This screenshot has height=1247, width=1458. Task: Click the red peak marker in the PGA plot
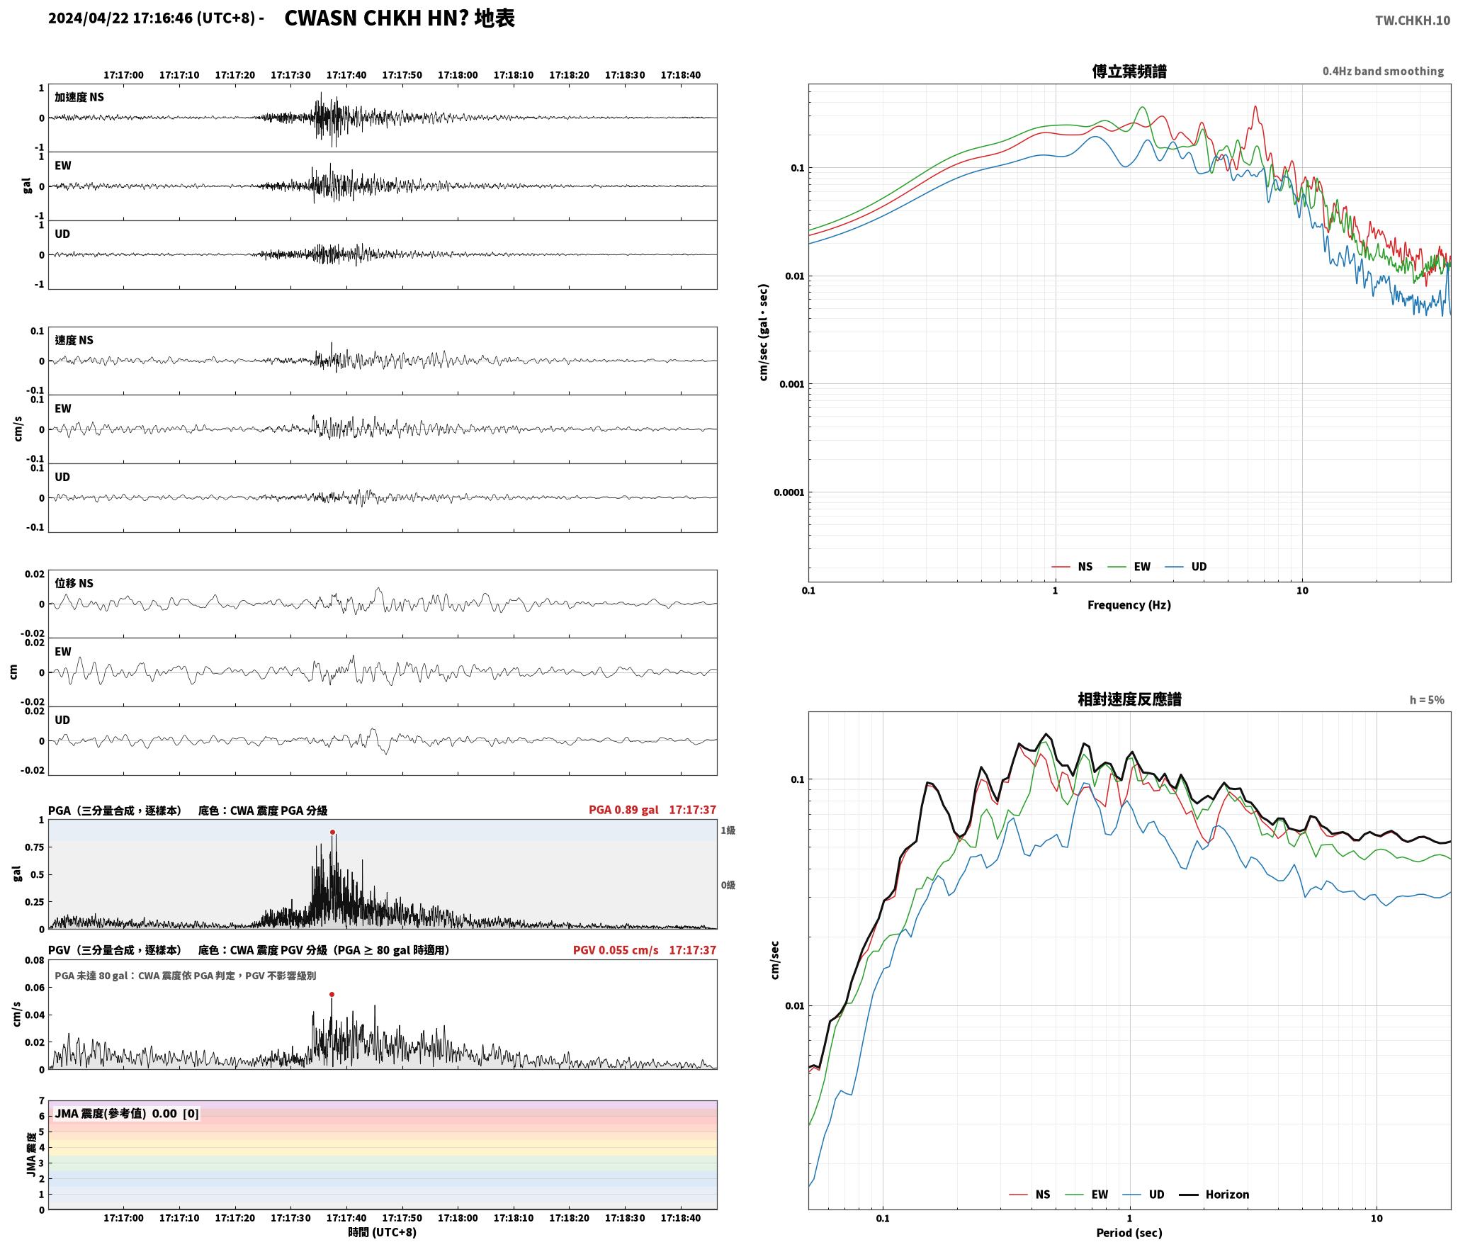332,833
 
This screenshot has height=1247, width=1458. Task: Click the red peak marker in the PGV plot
332,995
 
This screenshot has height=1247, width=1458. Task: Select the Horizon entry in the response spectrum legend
1214,1194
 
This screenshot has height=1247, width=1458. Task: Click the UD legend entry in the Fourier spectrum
1186,566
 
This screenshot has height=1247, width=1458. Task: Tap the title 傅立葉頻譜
1129,72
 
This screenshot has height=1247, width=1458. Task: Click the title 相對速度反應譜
1129,699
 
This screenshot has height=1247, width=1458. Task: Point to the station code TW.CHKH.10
1413,21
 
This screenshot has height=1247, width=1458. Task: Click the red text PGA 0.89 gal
623,810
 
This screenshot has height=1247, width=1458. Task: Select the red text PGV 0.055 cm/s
616,950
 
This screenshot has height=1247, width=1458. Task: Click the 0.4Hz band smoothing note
1383,72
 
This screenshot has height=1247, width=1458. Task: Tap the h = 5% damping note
1427,700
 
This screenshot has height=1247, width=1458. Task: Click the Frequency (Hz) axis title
1129,604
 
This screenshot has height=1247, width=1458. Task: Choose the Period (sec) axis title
1129,1232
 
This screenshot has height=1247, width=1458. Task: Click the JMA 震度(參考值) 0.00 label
116,1113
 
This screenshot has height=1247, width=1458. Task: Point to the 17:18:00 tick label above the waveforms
458,75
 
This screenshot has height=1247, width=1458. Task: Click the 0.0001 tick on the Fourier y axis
789,492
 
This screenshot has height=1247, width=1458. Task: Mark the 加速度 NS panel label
79,97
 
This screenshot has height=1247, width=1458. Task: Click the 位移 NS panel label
74,583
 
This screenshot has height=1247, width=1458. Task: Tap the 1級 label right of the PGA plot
728,830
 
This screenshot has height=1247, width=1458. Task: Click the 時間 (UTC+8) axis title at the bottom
383,1232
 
